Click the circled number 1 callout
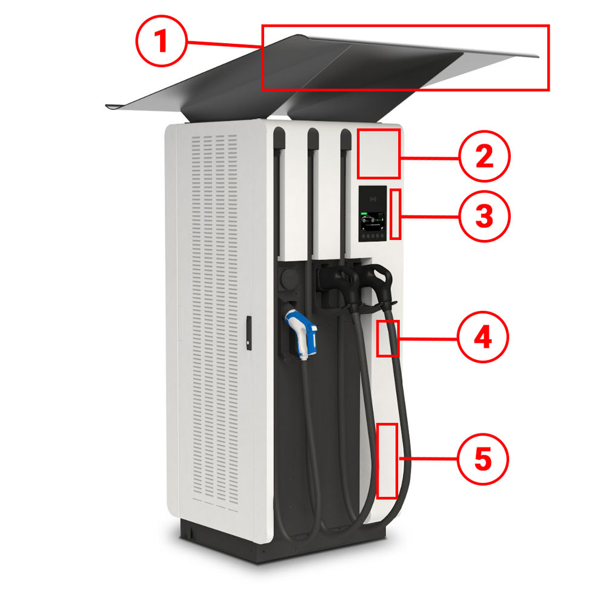(162, 41)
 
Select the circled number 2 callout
(485, 156)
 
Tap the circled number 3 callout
(485, 216)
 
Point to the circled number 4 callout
(483, 337)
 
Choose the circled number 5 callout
(483, 459)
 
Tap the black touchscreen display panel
(373, 214)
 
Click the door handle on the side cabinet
(249, 333)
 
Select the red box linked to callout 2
(378, 154)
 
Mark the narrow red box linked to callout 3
(395, 214)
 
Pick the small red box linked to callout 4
(388, 338)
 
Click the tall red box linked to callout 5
(387, 461)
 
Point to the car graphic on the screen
(368, 219)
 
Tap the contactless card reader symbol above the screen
(373, 199)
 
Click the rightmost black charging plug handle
(378, 284)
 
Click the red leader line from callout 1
(225, 44)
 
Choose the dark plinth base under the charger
(282, 541)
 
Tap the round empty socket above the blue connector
(289, 278)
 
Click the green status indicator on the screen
(364, 213)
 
